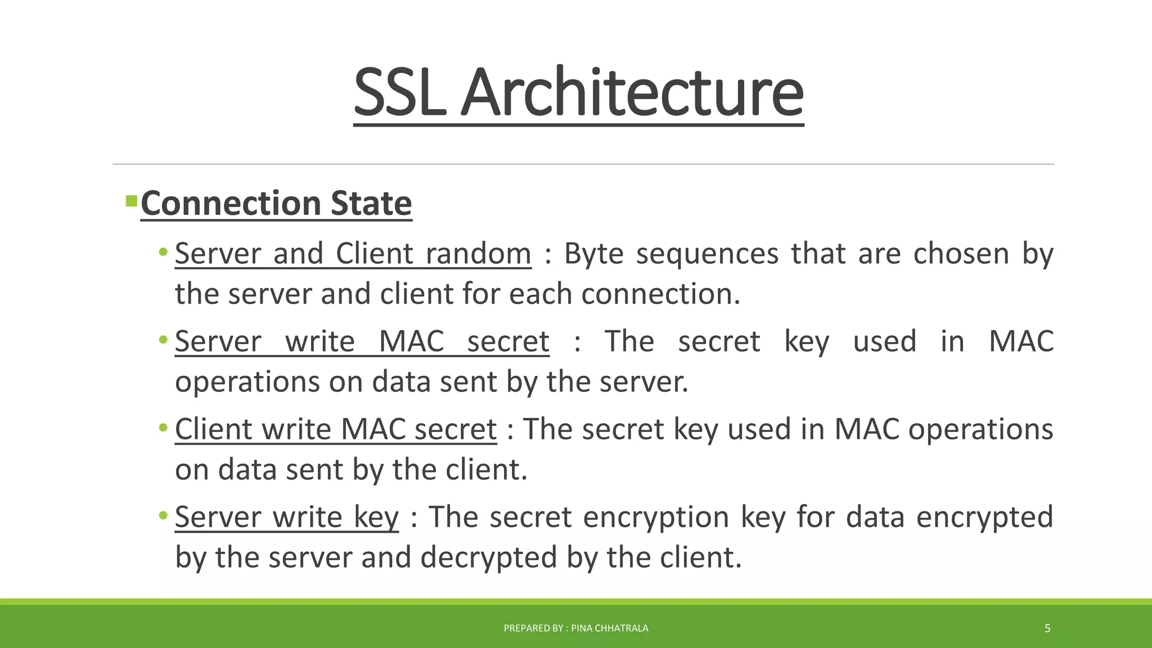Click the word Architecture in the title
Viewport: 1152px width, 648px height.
point(632,92)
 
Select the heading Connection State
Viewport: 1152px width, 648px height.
point(276,203)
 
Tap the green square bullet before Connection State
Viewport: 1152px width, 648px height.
point(132,201)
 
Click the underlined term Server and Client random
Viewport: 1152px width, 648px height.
point(353,254)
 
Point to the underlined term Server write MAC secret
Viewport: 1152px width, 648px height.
point(362,341)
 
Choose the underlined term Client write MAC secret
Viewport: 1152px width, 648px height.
point(336,429)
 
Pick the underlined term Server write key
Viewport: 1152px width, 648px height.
point(287,517)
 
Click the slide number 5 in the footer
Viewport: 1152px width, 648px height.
point(1047,628)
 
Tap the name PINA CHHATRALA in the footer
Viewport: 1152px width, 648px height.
point(610,628)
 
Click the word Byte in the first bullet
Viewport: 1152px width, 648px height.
point(594,254)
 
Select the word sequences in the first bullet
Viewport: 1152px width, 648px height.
point(707,254)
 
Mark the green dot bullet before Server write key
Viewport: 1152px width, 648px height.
point(163,515)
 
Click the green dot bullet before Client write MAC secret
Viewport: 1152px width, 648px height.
point(163,427)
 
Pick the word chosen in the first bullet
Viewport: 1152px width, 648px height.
point(961,254)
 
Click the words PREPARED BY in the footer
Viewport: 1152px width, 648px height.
point(533,628)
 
